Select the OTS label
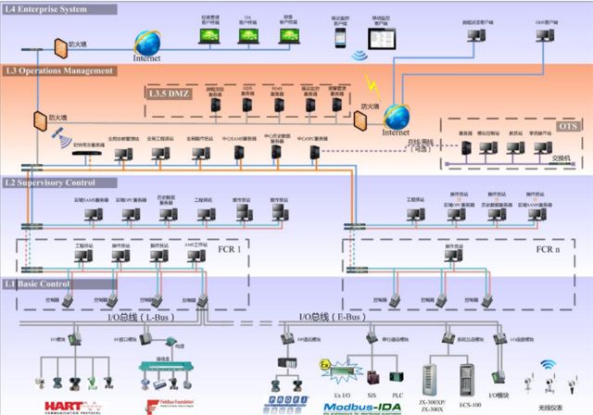pos(563,124)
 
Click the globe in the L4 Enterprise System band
pos(146,42)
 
